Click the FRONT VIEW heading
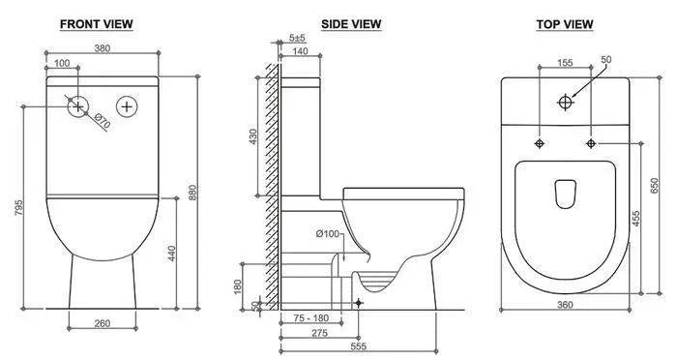[97, 24]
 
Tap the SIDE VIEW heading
[351, 24]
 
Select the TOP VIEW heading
[565, 24]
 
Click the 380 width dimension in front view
[103, 48]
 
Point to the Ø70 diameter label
[103, 121]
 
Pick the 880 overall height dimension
[192, 193]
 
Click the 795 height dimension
[18, 207]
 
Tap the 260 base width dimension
[103, 323]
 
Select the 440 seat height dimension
[171, 254]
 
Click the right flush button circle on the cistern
[127, 106]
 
